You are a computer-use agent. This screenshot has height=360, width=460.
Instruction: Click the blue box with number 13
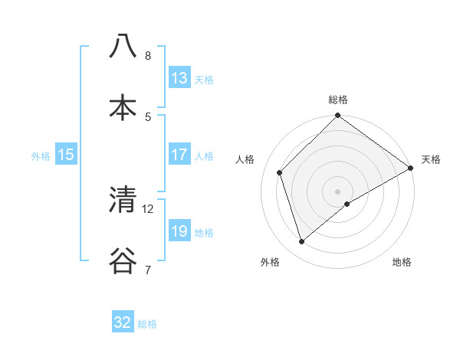click(179, 77)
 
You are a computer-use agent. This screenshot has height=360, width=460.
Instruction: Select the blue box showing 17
click(179, 155)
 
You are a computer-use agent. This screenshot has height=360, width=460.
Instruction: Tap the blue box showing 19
click(179, 231)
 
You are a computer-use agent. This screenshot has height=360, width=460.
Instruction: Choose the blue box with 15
click(66, 155)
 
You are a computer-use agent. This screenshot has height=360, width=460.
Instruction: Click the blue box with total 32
click(123, 322)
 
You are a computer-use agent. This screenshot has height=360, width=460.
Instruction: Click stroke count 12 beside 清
click(148, 208)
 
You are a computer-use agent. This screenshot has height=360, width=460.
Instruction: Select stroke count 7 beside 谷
click(147, 270)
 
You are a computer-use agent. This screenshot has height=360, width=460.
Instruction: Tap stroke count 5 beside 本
click(147, 116)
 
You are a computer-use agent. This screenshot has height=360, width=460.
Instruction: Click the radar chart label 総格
click(338, 100)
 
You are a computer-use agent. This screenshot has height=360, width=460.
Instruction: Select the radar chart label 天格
click(431, 159)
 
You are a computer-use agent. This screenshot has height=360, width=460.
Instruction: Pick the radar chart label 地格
click(402, 263)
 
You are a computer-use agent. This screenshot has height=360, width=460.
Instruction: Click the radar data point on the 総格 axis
click(338, 116)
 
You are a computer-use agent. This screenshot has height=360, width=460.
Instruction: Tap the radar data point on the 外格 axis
click(301, 242)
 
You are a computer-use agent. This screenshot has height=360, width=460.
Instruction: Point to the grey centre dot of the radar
click(338, 191)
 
